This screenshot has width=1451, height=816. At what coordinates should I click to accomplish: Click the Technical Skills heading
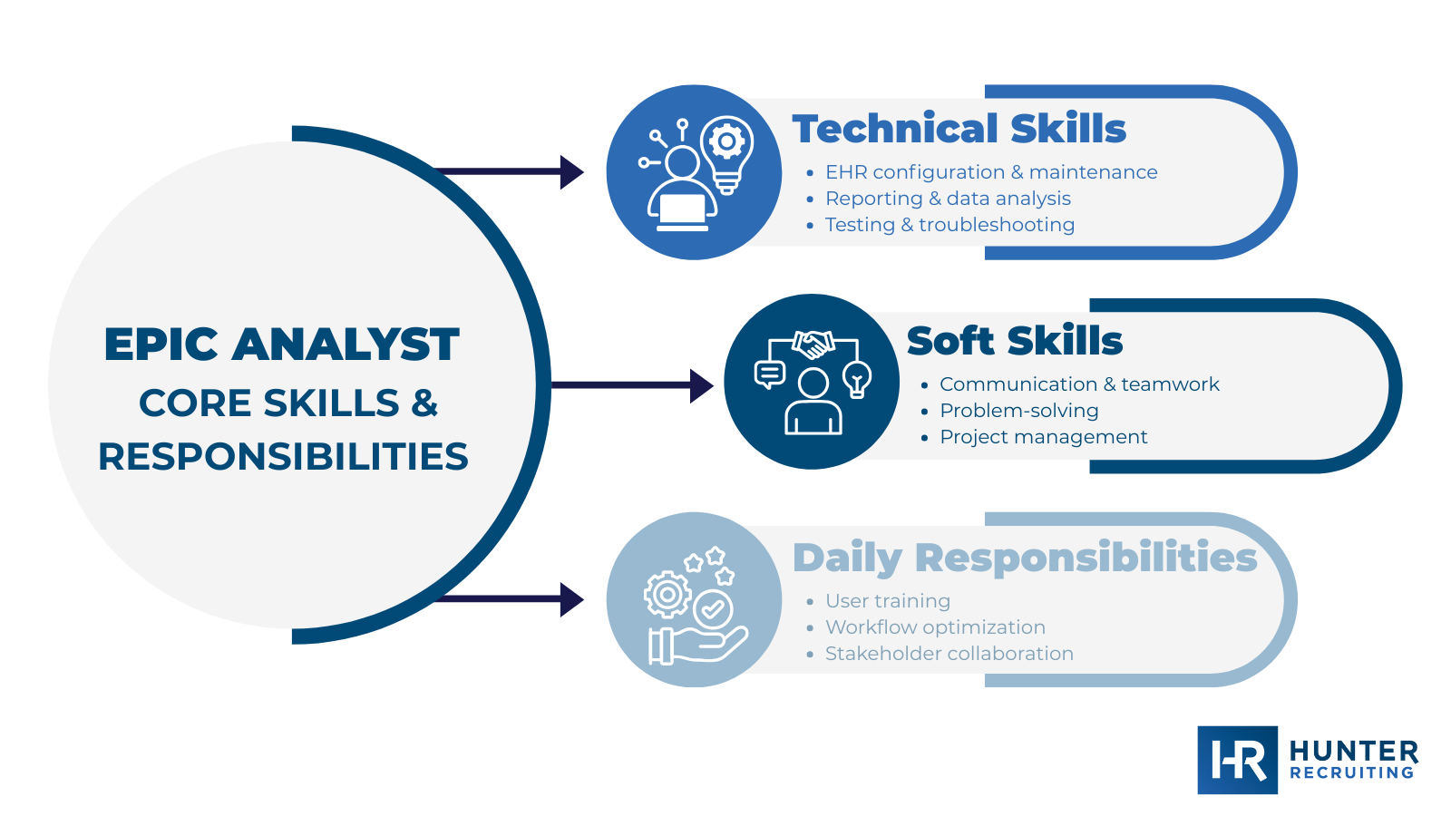pyautogui.click(x=959, y=129)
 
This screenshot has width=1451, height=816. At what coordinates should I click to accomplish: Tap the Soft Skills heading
pyautogui.click(x=1014, y=341)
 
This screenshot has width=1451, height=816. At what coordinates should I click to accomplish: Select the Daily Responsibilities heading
pyautogui.click(x=1024, y=558)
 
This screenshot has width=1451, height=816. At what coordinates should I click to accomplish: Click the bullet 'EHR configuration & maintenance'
pyautogui.click(x=990, y=172)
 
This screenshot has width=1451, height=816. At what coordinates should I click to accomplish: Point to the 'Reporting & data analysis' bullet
pyautogui.click(x=947, y=199)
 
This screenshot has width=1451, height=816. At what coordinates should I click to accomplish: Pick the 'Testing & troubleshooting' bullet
pyautogui.click(x=949, y=225)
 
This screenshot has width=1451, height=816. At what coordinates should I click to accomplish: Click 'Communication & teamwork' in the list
pyautogui.click(x=1078, y=384)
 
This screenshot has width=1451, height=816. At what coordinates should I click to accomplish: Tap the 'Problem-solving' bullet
pyautogui.click(x=1018, y=411)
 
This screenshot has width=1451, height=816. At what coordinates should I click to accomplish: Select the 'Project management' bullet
pyautogui.click(x=1043, y=437)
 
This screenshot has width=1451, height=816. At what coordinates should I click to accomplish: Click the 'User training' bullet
pyautogui.click(x=887, y=601)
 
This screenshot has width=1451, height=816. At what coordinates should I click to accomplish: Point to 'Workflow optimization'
pyautogui.click(x=934, y=627)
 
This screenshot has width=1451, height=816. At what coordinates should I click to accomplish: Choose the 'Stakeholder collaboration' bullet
pyautogui.click(x=949, y=654)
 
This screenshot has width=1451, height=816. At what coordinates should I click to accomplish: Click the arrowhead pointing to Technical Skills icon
pyautogui.click(x=571, y=172)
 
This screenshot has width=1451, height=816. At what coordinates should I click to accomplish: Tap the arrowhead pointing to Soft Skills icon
pyautogui.click(x=701, y=385)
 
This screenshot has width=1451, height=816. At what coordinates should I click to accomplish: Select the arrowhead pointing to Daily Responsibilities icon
pyautogui.click(x=571, y=599)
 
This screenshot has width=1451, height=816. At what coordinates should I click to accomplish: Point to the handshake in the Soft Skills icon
pyautogui.click(x=813, y=344)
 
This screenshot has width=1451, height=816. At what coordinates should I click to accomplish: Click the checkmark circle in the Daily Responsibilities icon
pyautogui.click(x=713, y=609)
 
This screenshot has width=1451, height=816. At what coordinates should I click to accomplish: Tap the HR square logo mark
pyautogui.click(x=1237, y=760)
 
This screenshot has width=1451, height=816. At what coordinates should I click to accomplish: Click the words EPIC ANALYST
pyautogui.click(x=282, y=345)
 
